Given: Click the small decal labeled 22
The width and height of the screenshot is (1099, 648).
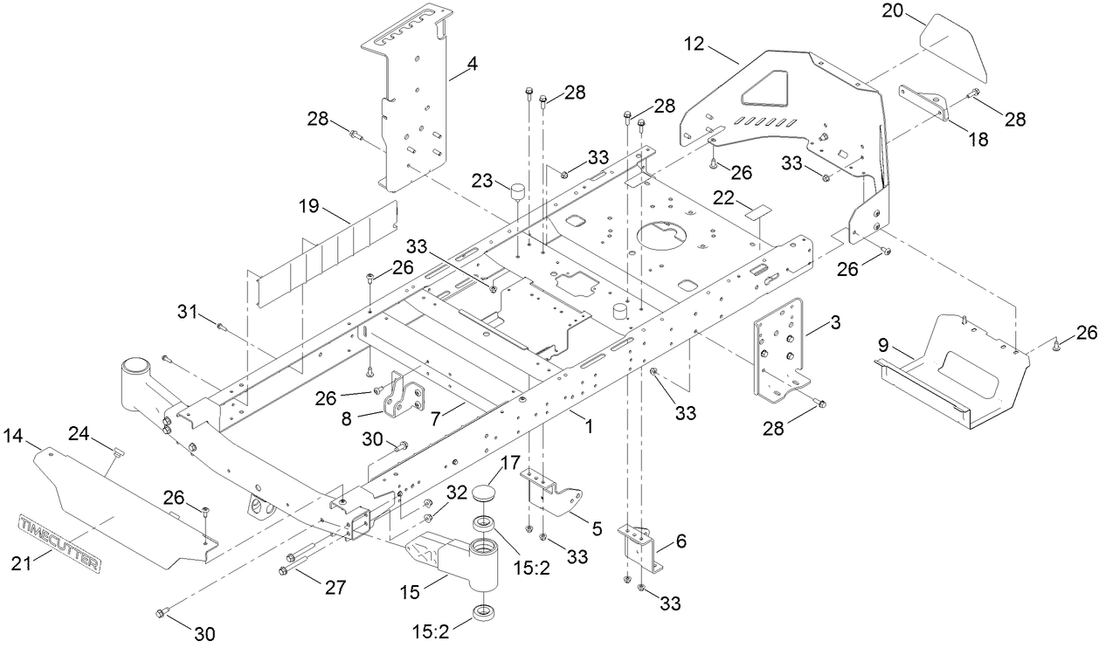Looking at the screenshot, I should (x=757, y=210).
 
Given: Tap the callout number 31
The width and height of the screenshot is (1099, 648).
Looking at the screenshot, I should (x=184, y=311).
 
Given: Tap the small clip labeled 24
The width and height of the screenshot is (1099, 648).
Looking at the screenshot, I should (x=119, y=452).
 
